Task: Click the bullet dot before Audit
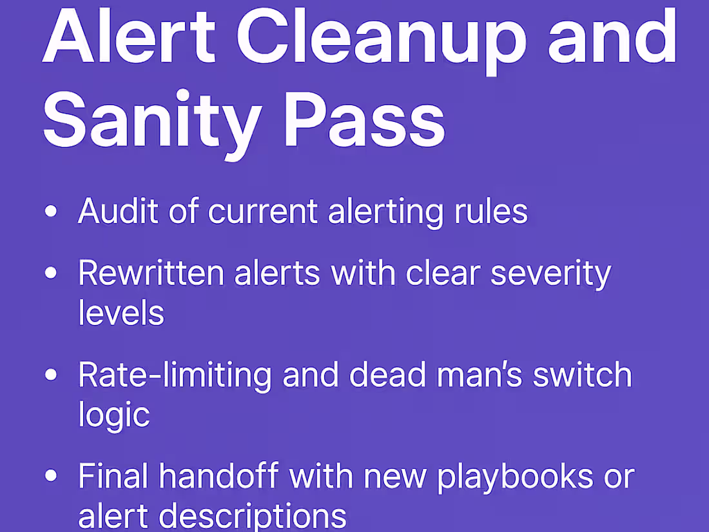pos(51,213)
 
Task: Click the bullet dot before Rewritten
pos(51,273)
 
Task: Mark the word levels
pos(121,313)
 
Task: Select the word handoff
pos(219,477)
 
